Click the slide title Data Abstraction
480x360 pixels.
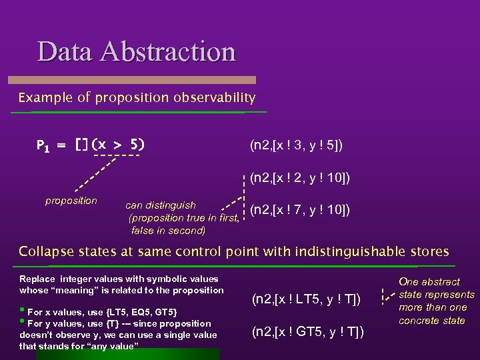coord(136,51)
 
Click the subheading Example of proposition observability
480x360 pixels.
coord(137,98)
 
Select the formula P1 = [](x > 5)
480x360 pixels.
coord(91,145)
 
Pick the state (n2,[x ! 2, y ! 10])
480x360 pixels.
coord(300,178)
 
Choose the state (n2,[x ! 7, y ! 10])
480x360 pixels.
coord(300,211)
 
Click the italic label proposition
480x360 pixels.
coord(71,201)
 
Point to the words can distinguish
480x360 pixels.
coord(161,205)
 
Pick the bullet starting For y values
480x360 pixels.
coord(113,324)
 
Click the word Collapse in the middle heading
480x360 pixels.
coord(43,252)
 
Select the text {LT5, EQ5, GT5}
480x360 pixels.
coord(141,312)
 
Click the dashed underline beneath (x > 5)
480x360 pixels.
coord(117,156)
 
